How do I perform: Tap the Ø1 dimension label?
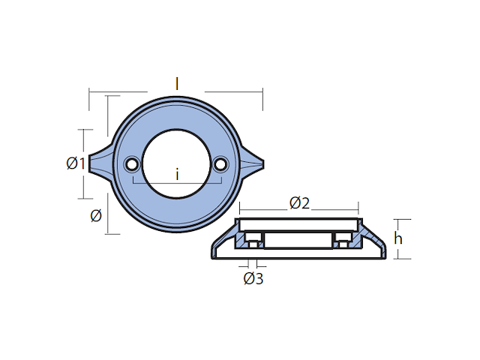point(75,163)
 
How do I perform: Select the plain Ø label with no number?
point(95,216)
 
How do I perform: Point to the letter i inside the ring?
point(177,175)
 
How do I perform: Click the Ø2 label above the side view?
point(299,202)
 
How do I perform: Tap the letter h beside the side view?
point(400,238)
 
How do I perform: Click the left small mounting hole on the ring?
point(132,163)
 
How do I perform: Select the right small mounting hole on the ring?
point(220,163)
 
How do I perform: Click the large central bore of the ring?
point(176,154)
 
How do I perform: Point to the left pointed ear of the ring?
point(98,163)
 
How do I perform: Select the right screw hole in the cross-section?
point(343,240)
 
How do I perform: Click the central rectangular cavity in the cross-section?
point(298,240)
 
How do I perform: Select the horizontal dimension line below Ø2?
point(299,211)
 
